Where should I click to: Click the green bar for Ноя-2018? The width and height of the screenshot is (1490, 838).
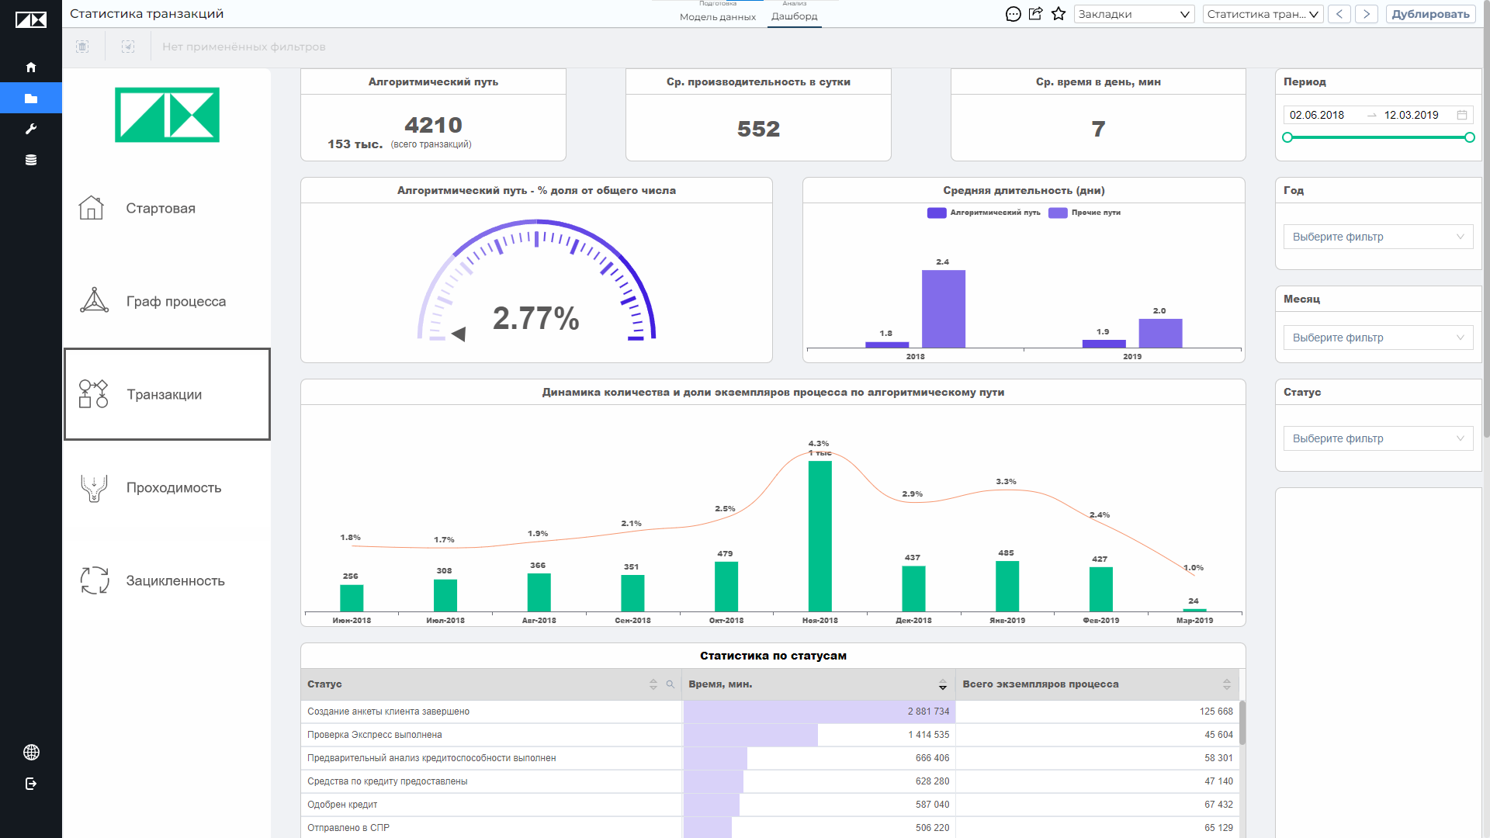point(819,536)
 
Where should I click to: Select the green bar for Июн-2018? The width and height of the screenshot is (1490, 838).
point(352,597)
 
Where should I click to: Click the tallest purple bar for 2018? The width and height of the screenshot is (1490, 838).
point(944,309)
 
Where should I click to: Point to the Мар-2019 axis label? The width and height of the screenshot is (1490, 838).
point(1194,621)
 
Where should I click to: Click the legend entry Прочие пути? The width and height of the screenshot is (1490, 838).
point(1085,213)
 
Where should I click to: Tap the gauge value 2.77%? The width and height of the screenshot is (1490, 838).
point(536,318)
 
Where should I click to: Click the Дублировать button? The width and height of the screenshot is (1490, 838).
point(1430,14)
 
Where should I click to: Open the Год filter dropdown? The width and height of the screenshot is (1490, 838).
point(1378,237)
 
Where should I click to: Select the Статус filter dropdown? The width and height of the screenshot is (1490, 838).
point(1378,438)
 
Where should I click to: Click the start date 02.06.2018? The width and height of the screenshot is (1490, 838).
point(1317,115)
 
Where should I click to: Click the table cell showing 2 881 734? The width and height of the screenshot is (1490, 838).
point(928,712)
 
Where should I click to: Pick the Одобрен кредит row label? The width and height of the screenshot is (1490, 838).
point(342,805)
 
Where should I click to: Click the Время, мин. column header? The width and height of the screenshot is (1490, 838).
point(720,684)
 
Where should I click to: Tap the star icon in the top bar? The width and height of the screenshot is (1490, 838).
point(1059,14)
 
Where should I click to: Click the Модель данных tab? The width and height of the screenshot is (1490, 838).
point(718,16)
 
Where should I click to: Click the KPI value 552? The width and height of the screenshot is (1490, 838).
point(758,129)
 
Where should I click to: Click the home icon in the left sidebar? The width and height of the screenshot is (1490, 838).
point(31,68)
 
